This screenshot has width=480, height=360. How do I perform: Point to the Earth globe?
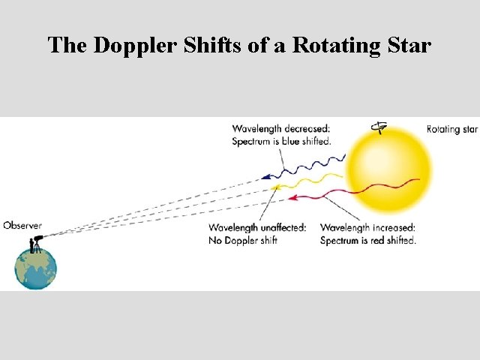click(x=35, y=268)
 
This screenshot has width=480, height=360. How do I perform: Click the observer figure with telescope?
click(x=34, y=243)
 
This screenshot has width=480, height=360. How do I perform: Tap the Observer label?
click(x=22, y=225)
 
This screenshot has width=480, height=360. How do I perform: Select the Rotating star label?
click(x=451, y=130)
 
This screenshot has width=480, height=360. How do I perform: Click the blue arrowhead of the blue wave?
click(x=265, y=178)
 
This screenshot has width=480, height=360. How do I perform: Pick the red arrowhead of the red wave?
click(x=293, y=198)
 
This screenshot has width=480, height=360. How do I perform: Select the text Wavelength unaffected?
click(x=257, y=228)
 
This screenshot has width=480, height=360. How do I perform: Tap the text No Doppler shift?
click(x=243, y=240)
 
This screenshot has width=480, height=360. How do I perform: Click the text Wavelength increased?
click(x=367, y=228)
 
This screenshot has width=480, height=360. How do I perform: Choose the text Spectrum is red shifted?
click(x=367, y=240)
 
